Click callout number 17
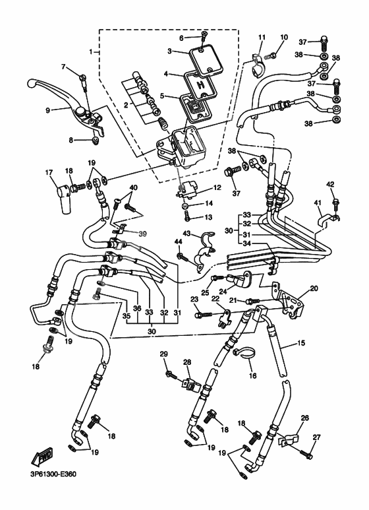click(49, 173)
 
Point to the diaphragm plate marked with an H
click(198, 84)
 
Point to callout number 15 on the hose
click(301, 343)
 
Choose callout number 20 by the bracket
click(314, 288)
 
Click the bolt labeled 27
click(306, 453)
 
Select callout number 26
click(305, 418)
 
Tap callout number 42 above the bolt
click(331, 184)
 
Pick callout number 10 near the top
click(284, 37)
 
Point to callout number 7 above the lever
click(64, 67)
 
